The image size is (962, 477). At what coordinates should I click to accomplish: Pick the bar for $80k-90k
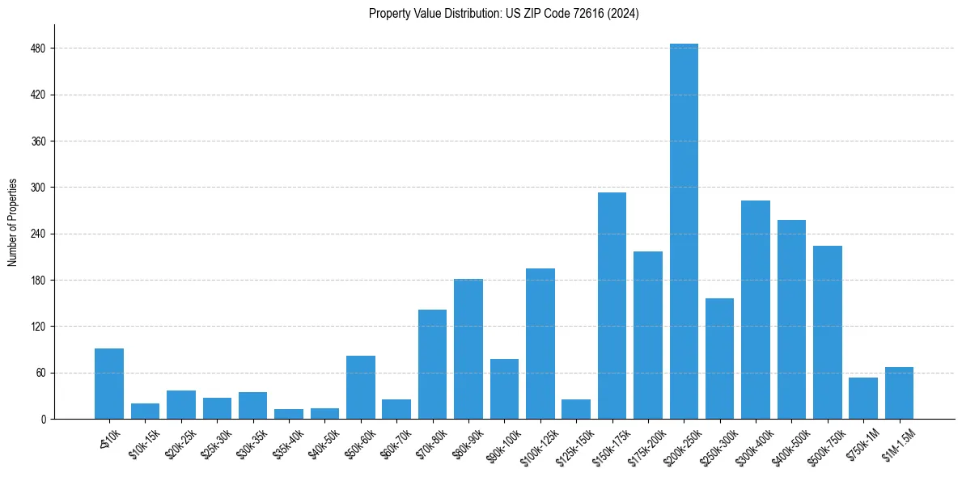468,348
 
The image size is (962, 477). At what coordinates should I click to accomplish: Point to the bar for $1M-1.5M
899,393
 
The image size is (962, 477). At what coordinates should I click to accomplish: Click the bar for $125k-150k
576,409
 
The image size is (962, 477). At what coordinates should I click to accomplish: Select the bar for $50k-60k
361,387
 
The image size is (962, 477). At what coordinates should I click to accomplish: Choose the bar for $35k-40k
289,414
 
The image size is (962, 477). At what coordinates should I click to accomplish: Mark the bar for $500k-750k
827,332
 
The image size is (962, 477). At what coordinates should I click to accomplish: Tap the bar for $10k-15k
145,411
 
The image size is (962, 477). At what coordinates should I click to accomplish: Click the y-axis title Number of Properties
13,222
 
